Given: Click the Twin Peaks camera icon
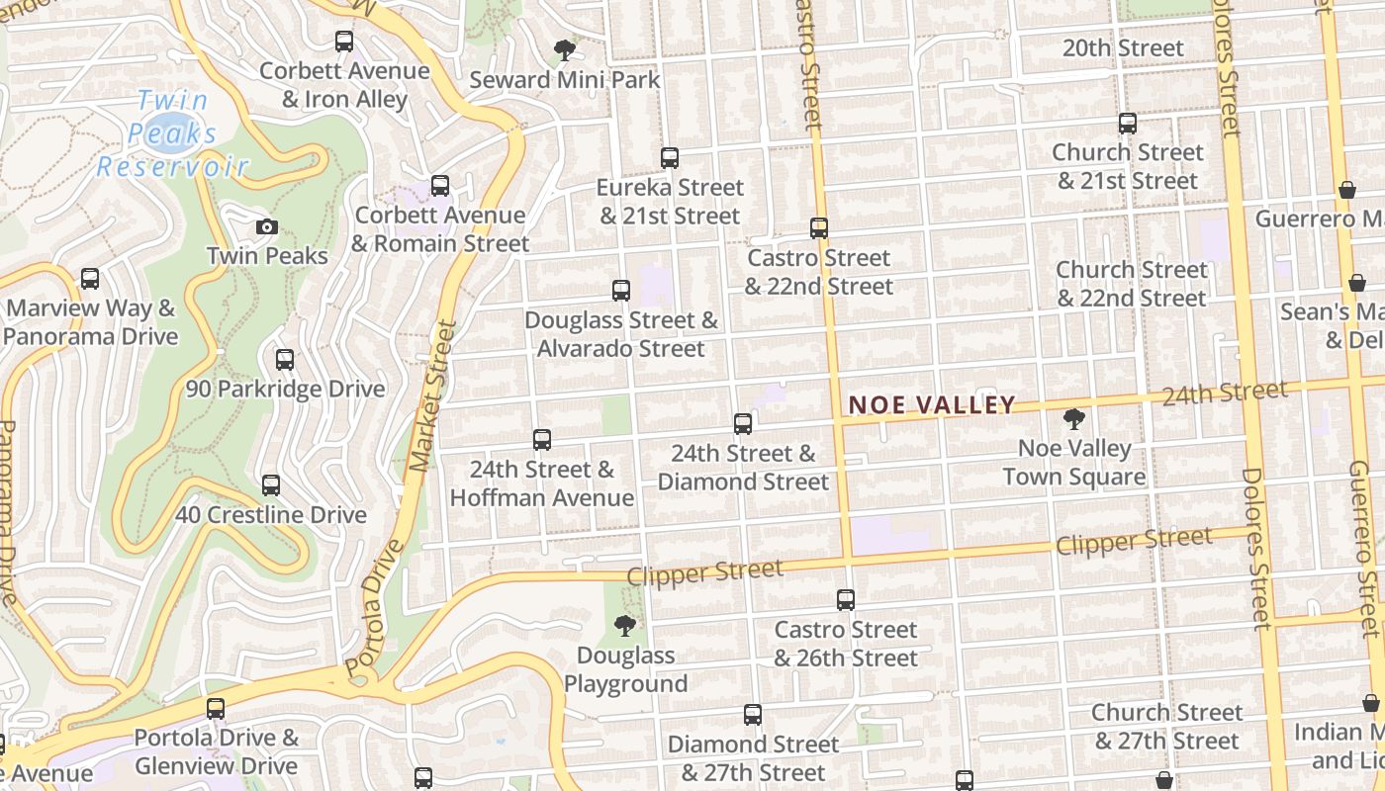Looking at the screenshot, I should coord(266,227).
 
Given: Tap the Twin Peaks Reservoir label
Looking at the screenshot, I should coord(172,133).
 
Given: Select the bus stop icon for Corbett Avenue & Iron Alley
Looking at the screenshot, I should coord(344,42).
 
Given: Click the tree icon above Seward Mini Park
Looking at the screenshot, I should coord(564,49).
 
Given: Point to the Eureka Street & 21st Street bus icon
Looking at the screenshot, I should coord(670,157).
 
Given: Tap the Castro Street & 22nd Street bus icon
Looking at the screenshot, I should coord(819,228).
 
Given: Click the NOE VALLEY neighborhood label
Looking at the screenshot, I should coord(932,404).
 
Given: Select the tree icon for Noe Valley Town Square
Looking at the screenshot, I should coord(1073,419).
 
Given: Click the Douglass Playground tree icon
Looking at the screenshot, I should coord(624,625).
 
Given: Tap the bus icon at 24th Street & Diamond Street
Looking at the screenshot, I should coord(743,424).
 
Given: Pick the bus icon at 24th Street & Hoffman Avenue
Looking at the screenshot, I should coord(542,440).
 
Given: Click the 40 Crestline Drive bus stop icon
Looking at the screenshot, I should coord(271,485).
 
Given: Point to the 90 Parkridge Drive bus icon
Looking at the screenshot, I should coord(285,360).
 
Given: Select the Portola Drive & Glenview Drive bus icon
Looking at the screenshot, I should coord(216,709).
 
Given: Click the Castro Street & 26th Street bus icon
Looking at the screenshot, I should coord(846,600).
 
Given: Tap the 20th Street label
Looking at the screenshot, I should coord(1122,47).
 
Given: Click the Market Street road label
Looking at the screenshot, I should coord(431,395).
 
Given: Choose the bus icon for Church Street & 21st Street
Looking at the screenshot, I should coord(1128,124).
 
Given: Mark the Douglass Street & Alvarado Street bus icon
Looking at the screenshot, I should coord(621,291).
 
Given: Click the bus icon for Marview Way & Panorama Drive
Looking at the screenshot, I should coord(90,279).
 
